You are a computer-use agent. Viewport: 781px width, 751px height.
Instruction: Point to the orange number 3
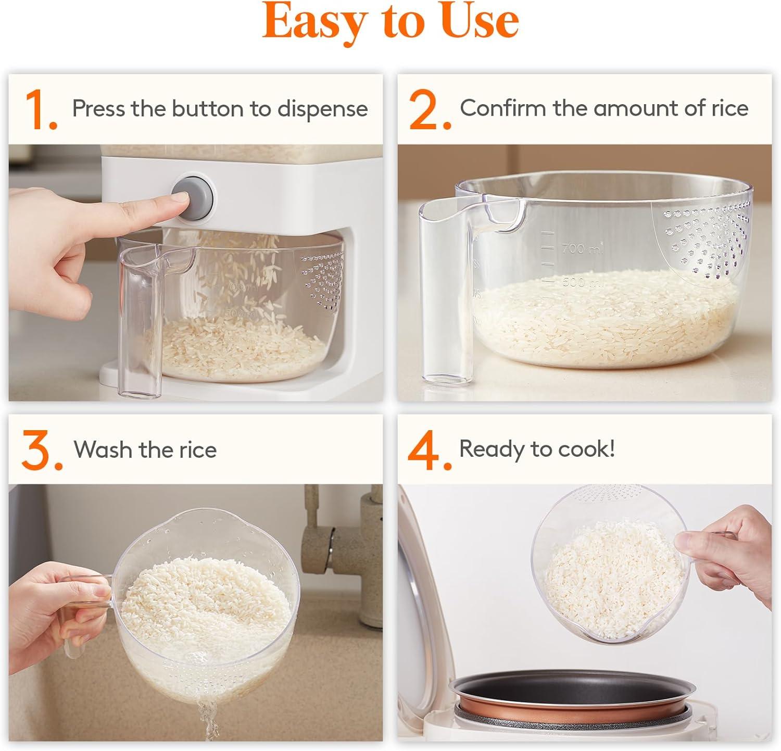click(42, 450)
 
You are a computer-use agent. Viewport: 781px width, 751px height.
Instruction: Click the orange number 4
click(429, 450)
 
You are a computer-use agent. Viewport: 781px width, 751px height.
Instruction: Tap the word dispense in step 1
click(322, 109)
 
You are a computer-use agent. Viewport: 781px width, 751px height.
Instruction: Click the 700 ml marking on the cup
click(582, 248)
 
